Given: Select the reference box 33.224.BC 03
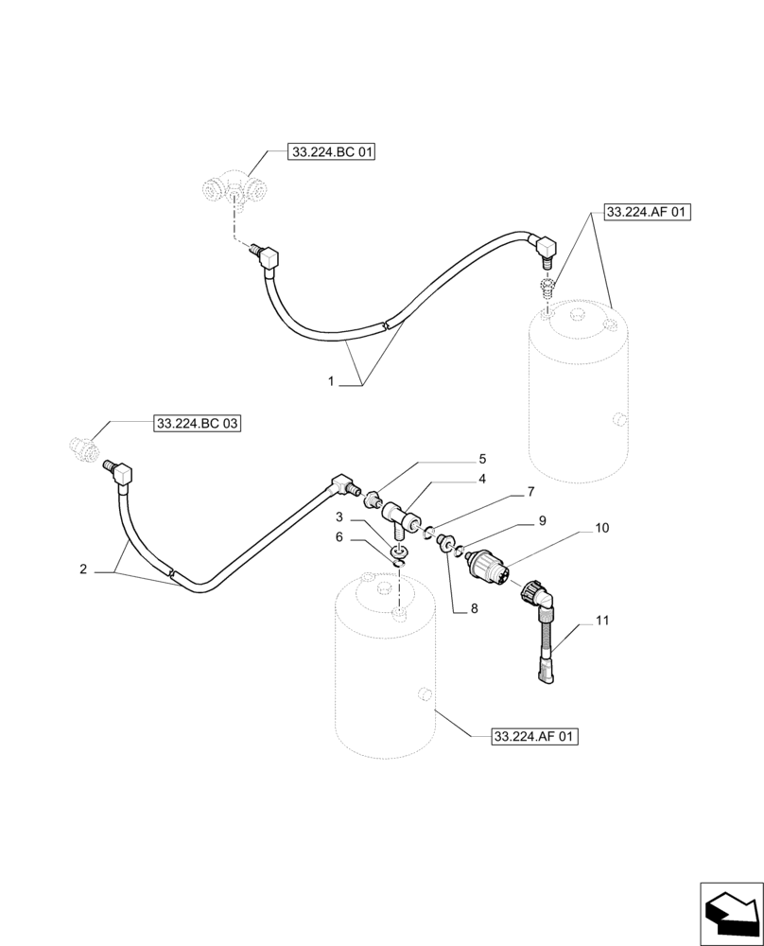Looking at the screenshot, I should [197, 425].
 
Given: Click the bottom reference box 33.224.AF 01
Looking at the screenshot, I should [534, 736].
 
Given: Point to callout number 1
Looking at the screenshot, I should [331, 381].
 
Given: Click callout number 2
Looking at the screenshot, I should [83, 569].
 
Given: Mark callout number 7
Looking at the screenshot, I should [530, 492].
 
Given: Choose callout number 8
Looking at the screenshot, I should [474, 608].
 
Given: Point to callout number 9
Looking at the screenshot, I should [542, 519].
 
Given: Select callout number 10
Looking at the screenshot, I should [602, 527].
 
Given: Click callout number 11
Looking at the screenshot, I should [602, 621].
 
